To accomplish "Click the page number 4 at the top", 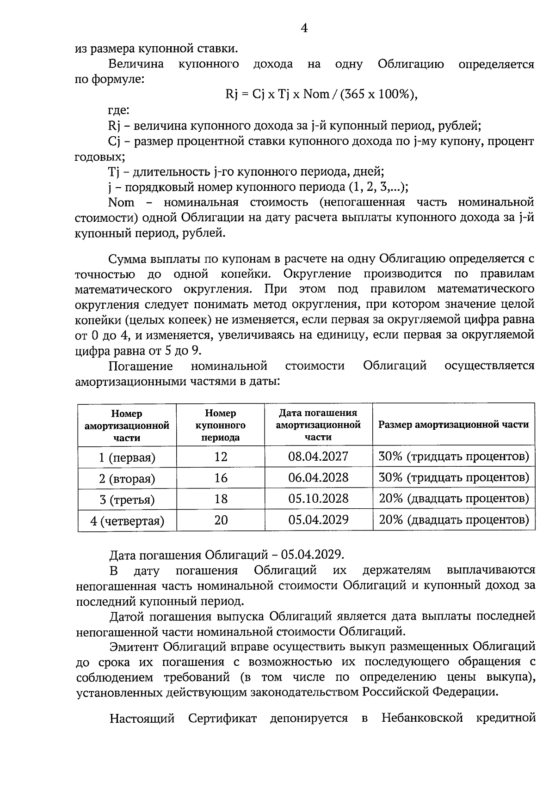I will tap(304, 29).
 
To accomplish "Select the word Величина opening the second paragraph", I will tap(136, 64).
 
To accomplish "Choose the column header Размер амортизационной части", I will tap(453, 425).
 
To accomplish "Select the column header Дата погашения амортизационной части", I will tap(318, 425).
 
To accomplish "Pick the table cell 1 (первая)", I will tap(127, 457).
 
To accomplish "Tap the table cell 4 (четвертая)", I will tap(127, 521).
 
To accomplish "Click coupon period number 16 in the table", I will tap(221, 478).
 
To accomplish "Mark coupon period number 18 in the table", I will tap(221, 499).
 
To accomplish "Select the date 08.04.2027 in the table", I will tap(318, 457).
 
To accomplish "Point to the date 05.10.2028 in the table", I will tap(318, 499).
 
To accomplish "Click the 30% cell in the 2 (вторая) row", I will tap(453, 478).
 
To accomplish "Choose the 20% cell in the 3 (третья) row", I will tap(453, 499).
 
